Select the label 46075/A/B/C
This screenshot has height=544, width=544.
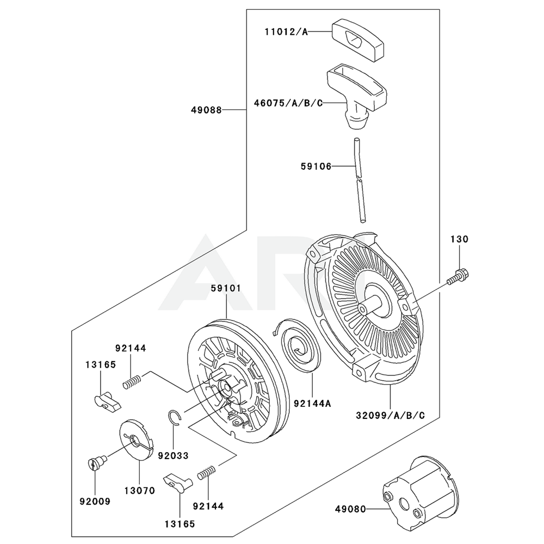(x=288, y=102)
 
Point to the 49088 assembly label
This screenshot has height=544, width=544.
(x=206, y=110)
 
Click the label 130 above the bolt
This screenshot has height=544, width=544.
(x=459, y=239)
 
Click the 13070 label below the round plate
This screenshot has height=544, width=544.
(x=139, y=490)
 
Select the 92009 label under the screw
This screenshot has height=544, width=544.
(x=95, y=501)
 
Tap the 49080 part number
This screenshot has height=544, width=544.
(x=350, y=510)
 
